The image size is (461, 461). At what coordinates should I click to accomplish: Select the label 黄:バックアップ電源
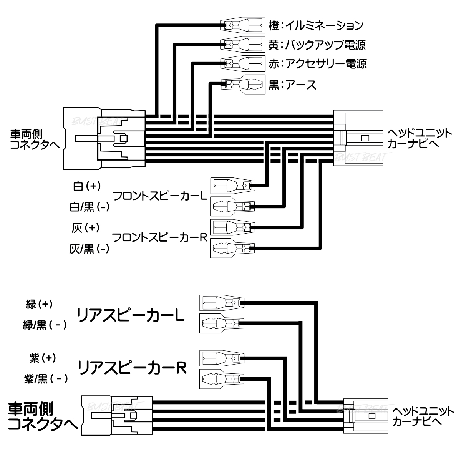(x=317, y=45)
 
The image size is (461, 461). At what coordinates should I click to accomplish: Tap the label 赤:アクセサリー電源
(x=317, y=63)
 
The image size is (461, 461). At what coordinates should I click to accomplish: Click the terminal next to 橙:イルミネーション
(x=243, y=26)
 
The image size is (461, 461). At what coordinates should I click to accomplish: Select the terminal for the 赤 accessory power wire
(x=243, y=63)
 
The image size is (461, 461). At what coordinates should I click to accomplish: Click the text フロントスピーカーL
(x=159, y=196)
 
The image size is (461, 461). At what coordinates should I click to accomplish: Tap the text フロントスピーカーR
(x=159, y=237)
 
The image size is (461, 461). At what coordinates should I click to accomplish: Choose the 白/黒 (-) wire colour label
(x=89, y=207)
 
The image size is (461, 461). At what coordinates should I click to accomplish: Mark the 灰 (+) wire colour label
(x=86, y=227)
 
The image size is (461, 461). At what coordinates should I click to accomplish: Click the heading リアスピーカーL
(x=131, y=315)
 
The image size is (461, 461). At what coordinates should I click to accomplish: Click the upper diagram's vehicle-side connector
(x=104, y=138)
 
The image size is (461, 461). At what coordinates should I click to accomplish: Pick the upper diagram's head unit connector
(x=358, y=138)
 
